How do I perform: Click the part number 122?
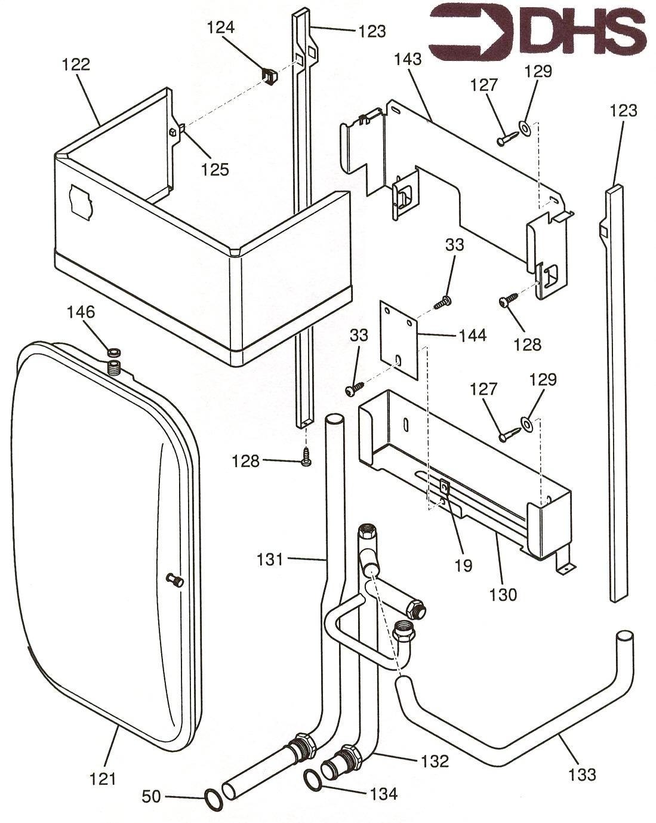[76, 65]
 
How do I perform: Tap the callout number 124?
[221, 27]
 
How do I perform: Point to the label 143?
[408, 59]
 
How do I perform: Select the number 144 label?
[472, 335]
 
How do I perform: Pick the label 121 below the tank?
[102, 779]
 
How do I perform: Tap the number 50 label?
[152, 796]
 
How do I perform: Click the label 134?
[383, 794]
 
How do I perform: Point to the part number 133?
[582, 774]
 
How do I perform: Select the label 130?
[503, 595]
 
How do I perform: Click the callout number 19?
[463, 565]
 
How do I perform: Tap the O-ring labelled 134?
[313, 779]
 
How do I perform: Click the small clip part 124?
[269, 76]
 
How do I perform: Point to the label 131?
[270, 560]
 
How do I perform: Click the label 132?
[434, 761]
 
